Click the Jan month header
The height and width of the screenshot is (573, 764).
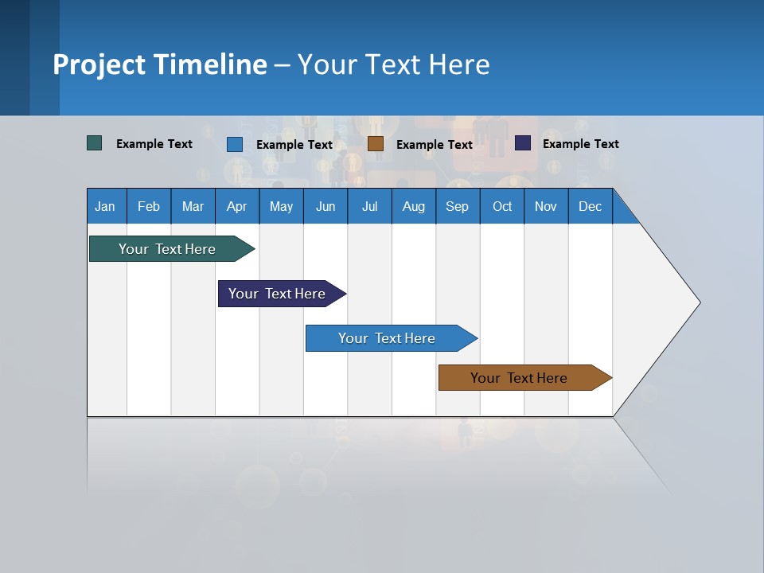[x=105, y=206]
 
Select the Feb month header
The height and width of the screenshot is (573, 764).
[x=149, y=206]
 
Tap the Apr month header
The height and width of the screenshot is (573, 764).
[x=236, y=206]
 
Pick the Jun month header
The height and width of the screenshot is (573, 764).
[x=325, y=206]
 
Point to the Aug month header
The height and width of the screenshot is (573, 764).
[x=413, y=206]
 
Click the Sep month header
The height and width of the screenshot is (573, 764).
[x=457, y=206]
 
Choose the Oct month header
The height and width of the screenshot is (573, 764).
[x=502, y=206]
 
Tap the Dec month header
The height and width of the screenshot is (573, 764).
[x=590, y=206]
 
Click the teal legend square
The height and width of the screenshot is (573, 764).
[x=95, y=143]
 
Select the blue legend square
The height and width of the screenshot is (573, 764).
[x=235, y=144]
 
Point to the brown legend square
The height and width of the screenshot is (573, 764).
[x=376, y=144]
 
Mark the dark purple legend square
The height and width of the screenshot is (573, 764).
[x=523, y=143]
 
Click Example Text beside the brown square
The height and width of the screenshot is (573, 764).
[x=435, y=145]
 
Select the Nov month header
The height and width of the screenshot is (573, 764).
[x=545, y=206]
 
